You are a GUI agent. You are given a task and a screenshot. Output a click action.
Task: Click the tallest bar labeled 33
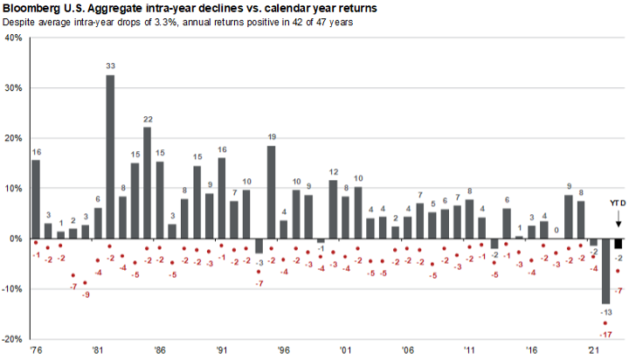pos(110,156)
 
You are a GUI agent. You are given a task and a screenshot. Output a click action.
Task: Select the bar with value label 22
pos(147,183)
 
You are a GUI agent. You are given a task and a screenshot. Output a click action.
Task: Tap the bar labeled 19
pos(271,191)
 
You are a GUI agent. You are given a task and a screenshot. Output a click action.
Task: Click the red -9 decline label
pos(85,294)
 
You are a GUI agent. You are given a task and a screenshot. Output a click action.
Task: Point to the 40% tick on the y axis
pos(13,38)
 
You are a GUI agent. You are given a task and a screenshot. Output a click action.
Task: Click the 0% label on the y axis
pos(16,239)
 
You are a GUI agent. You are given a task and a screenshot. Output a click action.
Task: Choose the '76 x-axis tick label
pos(35,350)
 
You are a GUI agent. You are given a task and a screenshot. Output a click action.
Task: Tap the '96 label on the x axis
pos(283,350)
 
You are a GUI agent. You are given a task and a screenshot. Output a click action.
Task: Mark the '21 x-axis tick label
pos(593,350)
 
